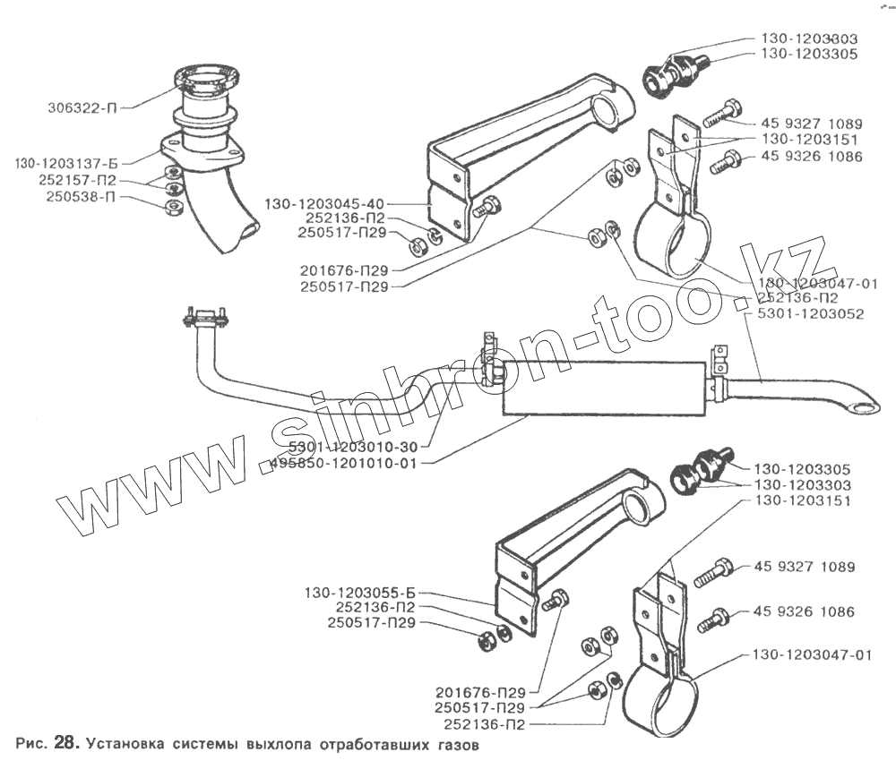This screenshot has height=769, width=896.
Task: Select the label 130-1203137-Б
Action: click(x=68, y=164)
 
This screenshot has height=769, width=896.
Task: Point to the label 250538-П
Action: click(x=82, y=196)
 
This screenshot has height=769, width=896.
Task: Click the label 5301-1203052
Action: click(x=810, y=314)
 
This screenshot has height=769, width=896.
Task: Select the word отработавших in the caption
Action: click(x=376, y=743)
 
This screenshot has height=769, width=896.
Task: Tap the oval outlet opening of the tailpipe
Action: click(x=865, y=409)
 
